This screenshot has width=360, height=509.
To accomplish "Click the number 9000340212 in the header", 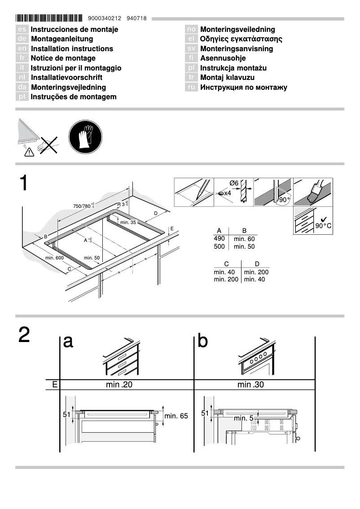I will pos(105,19).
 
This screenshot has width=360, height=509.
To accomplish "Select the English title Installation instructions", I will pos(72,48).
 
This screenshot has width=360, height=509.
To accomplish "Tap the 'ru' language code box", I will pos(191,88).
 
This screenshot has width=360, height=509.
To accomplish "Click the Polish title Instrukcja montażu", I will pos(233,68).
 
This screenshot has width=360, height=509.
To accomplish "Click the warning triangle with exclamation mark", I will pos(29,153).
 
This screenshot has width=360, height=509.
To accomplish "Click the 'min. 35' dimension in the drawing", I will pos(128,222).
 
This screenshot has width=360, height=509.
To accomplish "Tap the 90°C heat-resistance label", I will pos(323,225).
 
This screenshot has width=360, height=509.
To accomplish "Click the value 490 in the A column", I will pos(220,238).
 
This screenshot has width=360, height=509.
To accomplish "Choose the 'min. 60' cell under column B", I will pos(244,239).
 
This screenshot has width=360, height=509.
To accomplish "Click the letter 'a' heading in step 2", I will pos(68,342).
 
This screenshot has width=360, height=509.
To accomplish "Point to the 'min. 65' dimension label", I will pos(176,416).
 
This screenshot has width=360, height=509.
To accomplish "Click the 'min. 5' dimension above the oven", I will pos(244,418).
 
